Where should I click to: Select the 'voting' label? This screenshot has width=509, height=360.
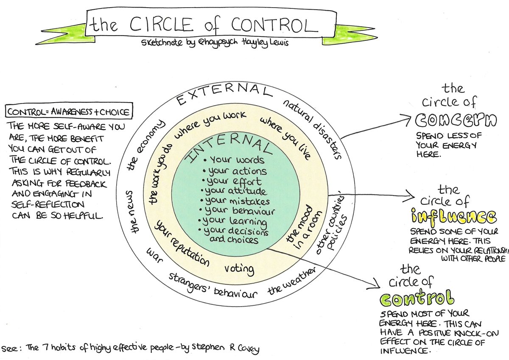(239, 268)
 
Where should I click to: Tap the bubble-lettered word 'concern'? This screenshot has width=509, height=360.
(456, 120)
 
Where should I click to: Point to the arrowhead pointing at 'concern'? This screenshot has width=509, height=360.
(410, 119)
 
